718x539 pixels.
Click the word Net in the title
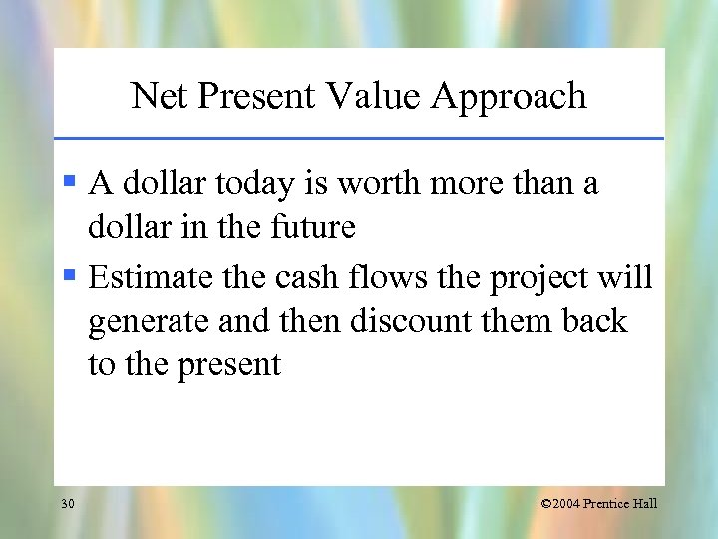coord(155,96)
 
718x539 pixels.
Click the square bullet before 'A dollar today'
coord(69,183)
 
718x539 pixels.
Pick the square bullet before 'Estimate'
coord(69,276)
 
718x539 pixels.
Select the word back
coord(595,321)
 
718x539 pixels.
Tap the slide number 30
coord(67,504)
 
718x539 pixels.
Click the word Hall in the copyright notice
coord(645,504)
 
